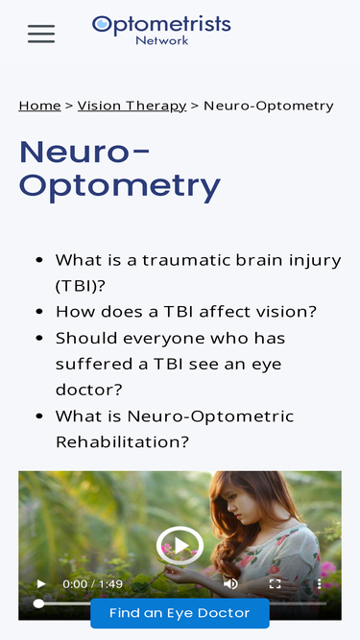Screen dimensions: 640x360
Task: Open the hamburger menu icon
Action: (41, 35)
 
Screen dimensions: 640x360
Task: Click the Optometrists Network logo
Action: (161, 29)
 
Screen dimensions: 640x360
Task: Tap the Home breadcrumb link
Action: (39, 106)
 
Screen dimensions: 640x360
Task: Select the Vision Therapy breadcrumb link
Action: (132, 106)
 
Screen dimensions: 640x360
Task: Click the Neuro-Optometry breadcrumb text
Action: (269, 106)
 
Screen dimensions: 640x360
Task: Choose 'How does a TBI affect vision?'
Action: (185, 312)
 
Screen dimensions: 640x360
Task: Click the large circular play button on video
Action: (180, 546)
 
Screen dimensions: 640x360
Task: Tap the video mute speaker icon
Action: (230, 583)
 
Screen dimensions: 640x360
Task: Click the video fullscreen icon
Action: (275, 583)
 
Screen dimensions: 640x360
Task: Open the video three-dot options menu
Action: (319, 583)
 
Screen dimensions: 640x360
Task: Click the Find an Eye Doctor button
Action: (180, 613)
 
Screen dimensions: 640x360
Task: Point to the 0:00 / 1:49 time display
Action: (92, 583)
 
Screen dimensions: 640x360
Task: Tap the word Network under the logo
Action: (161, 40)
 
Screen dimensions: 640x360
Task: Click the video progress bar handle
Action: (38, 604)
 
